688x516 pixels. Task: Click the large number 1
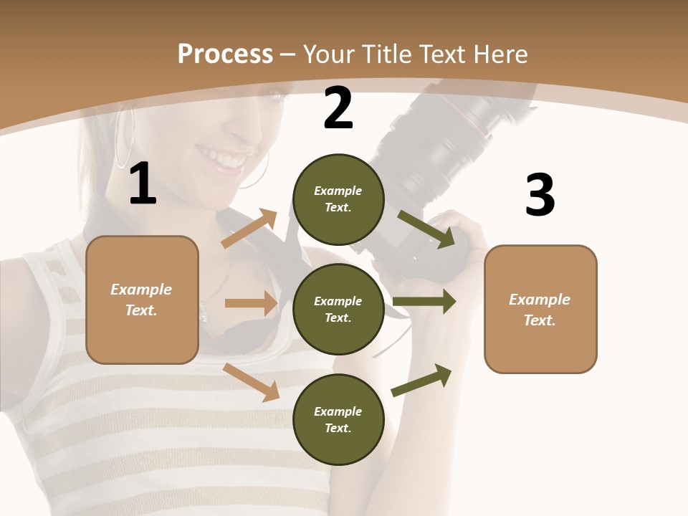pos(143,184)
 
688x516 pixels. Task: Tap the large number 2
pos(338,109)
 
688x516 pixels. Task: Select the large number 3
pos(540,196)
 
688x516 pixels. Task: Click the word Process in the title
pos(225,54)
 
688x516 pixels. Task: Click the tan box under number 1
pos(142,300)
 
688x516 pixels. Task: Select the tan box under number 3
pos(540,310)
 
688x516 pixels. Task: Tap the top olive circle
pos(338,199)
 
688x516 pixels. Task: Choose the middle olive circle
pos(338,309)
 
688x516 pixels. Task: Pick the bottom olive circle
pos(338,419)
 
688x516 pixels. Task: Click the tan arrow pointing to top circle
pos(249,228)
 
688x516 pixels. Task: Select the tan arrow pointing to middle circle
pos(251,303)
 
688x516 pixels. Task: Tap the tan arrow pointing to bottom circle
pos(252,381)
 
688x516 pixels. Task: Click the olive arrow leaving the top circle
pos(426,229)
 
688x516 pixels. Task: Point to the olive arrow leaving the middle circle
pos(424,302)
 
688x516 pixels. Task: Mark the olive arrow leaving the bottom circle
pos(422,380)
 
